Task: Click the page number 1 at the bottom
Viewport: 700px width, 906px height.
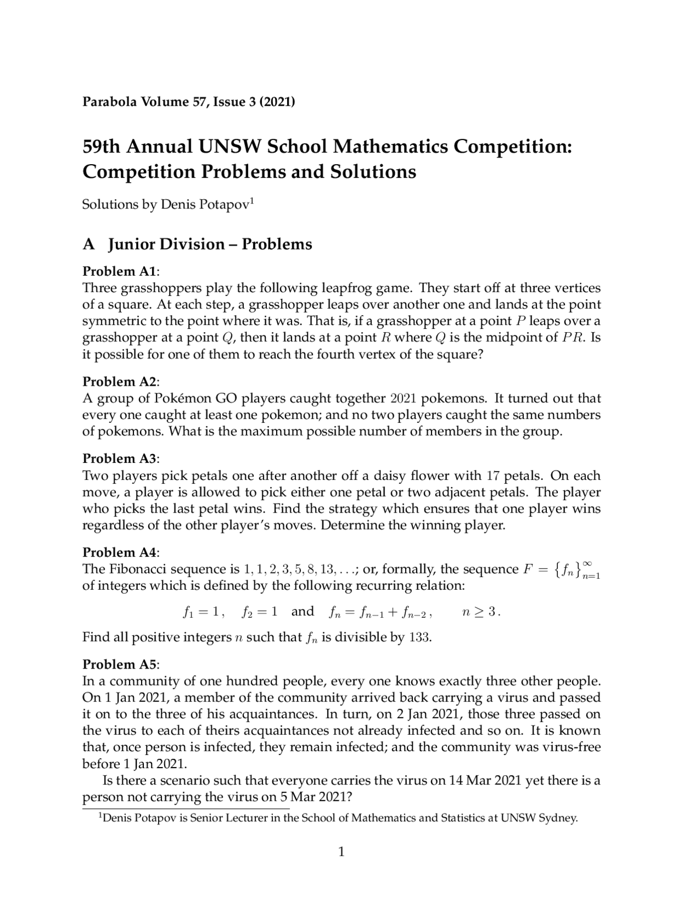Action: (341, 852)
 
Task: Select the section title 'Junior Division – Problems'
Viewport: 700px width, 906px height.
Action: (210, 244)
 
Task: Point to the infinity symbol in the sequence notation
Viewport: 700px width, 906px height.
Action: (588, 563)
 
